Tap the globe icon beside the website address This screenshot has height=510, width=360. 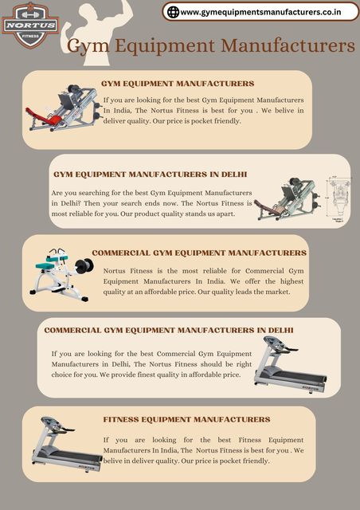[x=172, y=11]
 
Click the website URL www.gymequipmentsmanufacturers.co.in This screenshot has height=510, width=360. [x=260, y=12]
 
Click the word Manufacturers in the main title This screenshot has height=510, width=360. [x=288, y=46]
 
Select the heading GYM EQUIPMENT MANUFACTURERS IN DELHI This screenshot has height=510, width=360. [x=150, y=174]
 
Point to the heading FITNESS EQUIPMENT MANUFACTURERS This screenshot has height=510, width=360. [x=186, y=419]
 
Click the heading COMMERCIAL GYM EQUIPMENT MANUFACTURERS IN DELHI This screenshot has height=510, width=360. [x=169, y=330]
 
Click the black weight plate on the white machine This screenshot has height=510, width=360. [x=84, y=266]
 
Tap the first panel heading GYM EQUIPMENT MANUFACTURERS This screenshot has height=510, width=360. [x=178, y=83]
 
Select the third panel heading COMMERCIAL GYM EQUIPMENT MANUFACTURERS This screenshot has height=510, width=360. [x=199, y=253]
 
